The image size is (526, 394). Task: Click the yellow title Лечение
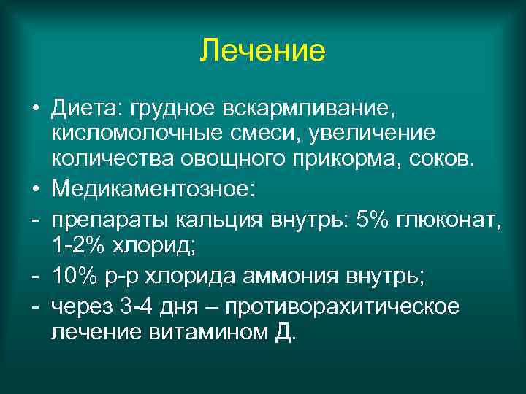click(262, 51)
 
